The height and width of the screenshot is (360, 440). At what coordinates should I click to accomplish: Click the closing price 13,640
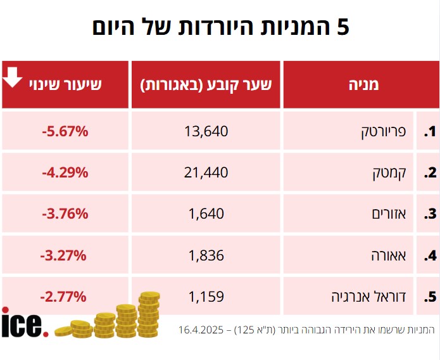click(206, 131)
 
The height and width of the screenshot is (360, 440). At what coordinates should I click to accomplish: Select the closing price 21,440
click(206, 172)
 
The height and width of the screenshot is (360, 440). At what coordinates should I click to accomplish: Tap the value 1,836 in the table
click(206, 255)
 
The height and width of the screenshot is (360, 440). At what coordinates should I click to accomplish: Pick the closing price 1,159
click(206, 296)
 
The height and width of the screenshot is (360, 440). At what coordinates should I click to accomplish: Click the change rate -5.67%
click(65, 131)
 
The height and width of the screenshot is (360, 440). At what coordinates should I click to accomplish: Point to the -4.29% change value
click(65, 172)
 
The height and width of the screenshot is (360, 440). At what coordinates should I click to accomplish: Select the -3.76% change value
click(65, 214)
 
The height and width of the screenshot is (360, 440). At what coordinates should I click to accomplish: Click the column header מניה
click(363, 85)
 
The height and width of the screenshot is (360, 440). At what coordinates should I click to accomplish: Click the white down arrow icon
click(13, 77)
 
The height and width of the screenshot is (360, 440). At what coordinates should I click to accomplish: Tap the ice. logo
click(24, 323)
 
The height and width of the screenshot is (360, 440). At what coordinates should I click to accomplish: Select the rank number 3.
click(430, 214)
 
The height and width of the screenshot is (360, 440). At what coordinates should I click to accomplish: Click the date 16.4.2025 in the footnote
click(200, 330)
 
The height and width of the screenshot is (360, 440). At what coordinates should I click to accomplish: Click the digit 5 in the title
click(342, 27)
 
